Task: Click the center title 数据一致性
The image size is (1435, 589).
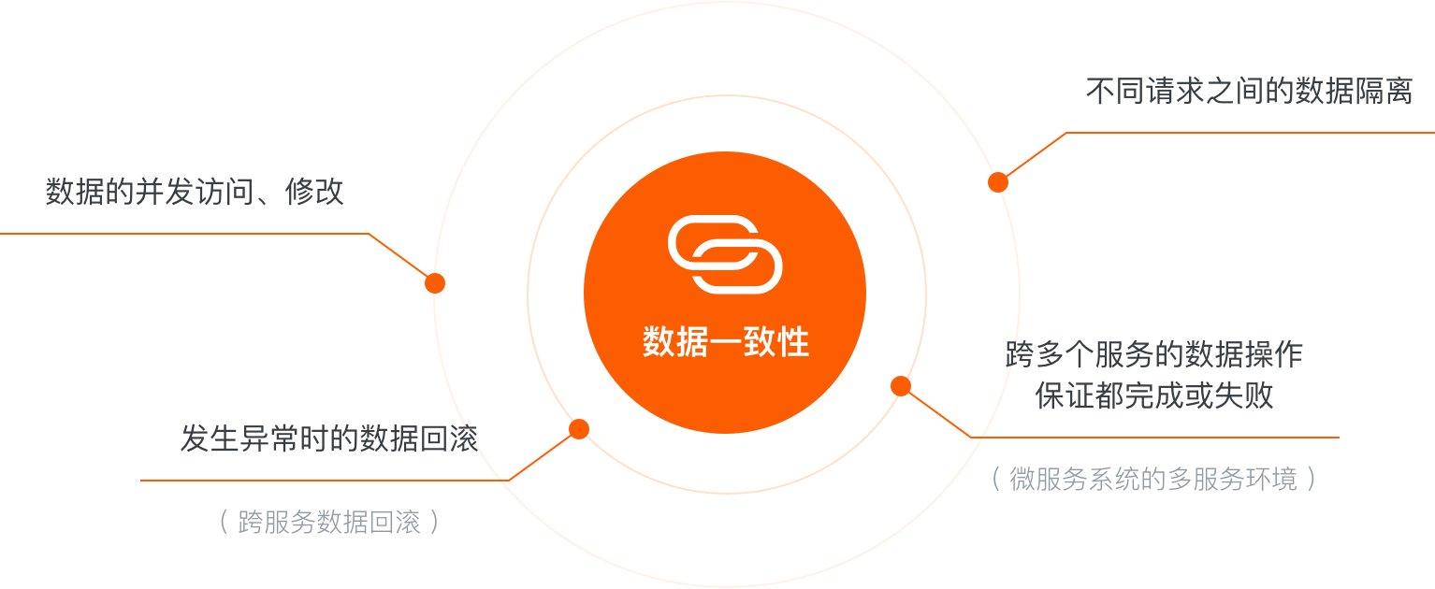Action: [725, 342]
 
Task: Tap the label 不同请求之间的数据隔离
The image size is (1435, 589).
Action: [1248, 92]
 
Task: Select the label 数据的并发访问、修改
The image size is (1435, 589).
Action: [195, 192]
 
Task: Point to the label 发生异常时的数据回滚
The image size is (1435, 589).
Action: [329, 438]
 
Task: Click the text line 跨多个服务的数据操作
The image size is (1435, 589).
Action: [1154, 354]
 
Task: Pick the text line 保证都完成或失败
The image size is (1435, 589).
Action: [1154, 396]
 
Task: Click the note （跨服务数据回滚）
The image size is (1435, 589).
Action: [328, 522]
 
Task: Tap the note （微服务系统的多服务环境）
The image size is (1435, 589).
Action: [1154, 480]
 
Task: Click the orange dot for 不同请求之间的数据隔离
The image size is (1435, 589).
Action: [998, 182]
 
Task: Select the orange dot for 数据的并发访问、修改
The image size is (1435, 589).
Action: [435, 283]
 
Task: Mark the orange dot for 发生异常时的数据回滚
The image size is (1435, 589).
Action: [579, 429]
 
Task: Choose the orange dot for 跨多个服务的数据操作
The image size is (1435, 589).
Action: [901, 386]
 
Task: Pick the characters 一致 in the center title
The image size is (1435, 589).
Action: [725, 342]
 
